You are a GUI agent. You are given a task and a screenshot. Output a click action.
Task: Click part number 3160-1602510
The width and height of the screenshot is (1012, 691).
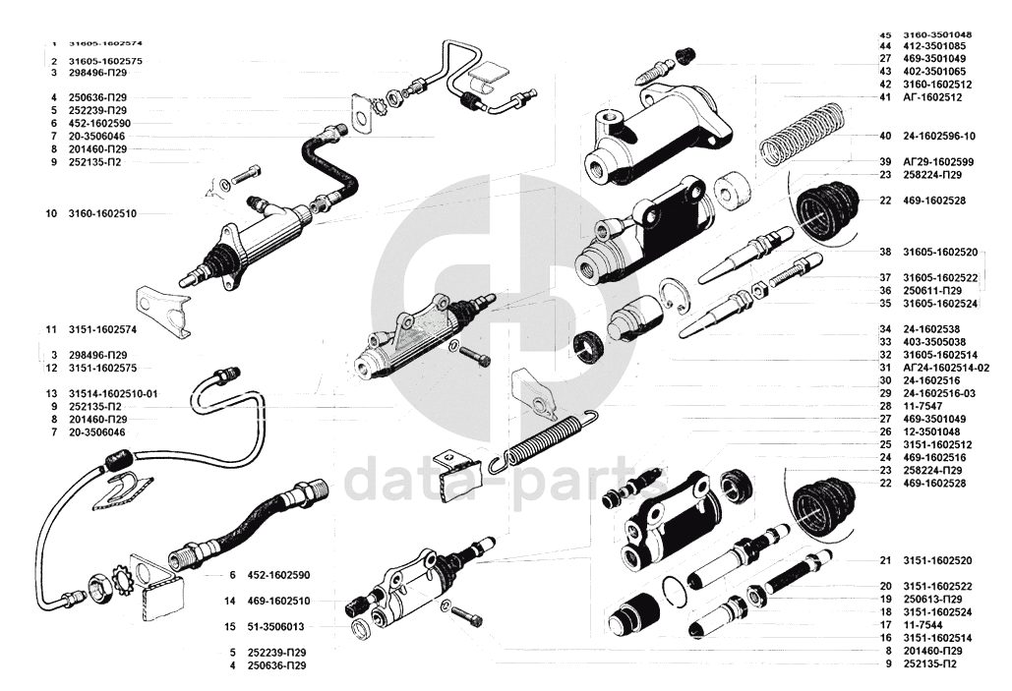(x=102, y=212)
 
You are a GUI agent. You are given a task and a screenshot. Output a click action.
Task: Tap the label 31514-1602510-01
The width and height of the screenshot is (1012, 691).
(x=113, y=393)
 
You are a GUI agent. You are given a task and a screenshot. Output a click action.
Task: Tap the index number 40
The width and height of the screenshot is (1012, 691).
(x=885, y=136)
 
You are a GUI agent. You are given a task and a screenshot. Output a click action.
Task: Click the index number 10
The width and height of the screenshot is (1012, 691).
(x=50, y=212)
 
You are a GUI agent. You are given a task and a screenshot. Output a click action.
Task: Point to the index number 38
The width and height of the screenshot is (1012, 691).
(x=885, y=252)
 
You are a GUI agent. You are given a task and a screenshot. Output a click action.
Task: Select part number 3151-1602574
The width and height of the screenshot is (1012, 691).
(x=105, y=328)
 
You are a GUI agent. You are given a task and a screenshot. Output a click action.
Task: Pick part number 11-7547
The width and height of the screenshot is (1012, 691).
(x=924, y=405)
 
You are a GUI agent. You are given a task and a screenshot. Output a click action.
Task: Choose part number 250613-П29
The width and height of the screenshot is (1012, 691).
(x=933, y=599)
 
